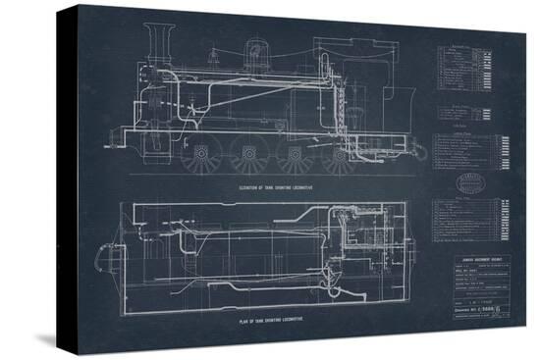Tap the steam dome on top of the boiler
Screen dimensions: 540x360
(256, 49)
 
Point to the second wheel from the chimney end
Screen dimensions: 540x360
(245, 155)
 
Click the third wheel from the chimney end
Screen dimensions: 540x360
(293, 155)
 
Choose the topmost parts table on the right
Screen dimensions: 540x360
(465, 68)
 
